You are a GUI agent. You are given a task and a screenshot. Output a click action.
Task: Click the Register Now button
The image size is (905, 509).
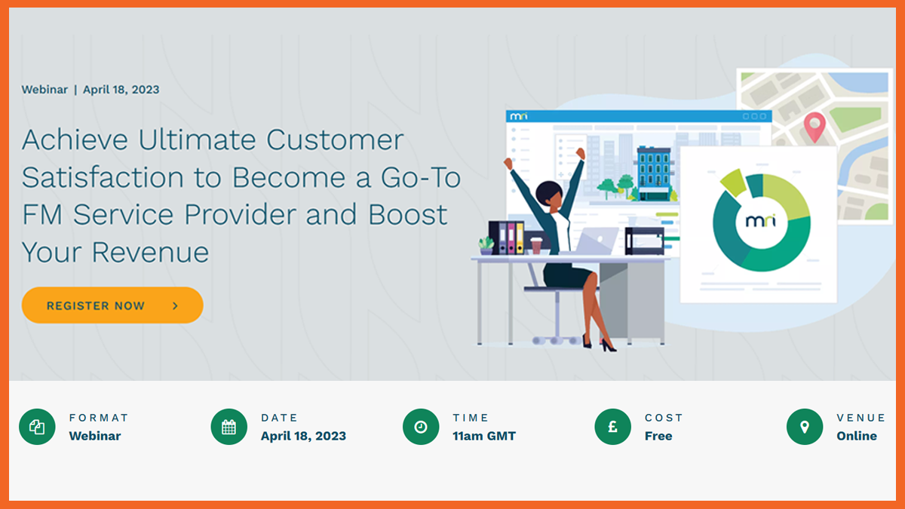pos(112,305)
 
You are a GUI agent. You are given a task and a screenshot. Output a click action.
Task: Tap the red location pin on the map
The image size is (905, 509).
pos(814,126)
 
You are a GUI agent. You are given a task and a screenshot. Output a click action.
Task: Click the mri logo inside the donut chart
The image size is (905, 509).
pos(761,221)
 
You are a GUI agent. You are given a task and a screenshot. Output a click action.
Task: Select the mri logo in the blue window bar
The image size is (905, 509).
pos(518,116)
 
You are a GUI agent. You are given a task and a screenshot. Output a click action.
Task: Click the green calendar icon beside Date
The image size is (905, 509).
pos(229,427)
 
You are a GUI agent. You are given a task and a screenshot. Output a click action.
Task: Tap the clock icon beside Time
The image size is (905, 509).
pos(421,427)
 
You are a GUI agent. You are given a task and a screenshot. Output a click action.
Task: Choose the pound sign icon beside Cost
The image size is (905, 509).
pos(612,427)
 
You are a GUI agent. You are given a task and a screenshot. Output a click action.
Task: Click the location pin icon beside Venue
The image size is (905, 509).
pos(805,427)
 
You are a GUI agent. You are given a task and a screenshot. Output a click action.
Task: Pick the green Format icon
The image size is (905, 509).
pos(37,427)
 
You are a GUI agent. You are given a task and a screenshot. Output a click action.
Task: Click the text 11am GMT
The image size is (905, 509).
pos(484,436)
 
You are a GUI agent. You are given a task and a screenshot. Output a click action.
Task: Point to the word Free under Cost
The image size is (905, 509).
pos(658,436)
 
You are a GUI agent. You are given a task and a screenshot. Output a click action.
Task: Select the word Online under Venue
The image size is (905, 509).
pos(857,436)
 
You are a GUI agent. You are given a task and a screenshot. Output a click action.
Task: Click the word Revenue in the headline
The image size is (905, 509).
pos(150,253)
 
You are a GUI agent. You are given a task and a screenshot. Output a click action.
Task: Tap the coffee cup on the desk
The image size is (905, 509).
pos(536,246)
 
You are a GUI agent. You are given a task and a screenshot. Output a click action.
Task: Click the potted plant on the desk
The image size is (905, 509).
pos(486,246)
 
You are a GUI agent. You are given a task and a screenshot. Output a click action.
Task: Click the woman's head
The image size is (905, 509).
pos(549,195)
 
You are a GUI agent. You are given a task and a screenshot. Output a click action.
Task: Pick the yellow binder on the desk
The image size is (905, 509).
pos(520,238)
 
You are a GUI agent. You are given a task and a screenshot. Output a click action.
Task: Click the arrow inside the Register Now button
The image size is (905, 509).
pos(175,306)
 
